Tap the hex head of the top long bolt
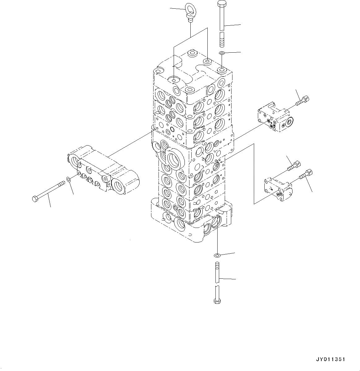222,3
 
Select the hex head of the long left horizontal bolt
35,199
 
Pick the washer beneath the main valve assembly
217,255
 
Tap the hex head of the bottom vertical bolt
217,301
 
